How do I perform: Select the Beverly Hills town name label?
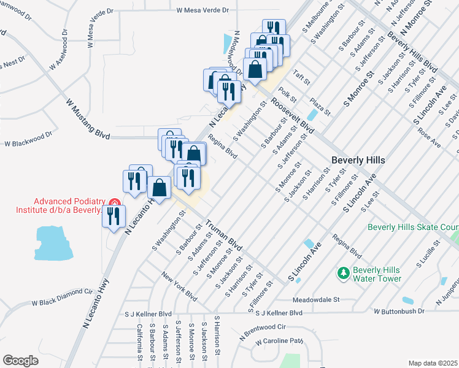(x=358, y=159)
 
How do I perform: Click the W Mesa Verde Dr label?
(x=202, y=10)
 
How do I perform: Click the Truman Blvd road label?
(x=223, y=235)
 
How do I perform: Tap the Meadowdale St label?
(x=315, y=300)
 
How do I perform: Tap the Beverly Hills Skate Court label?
(x=412, y=227)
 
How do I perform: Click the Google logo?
(x=20, y=360)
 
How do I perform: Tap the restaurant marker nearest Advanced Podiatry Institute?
(x=114, y=217)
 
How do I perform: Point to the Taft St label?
(x=303, y=77)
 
